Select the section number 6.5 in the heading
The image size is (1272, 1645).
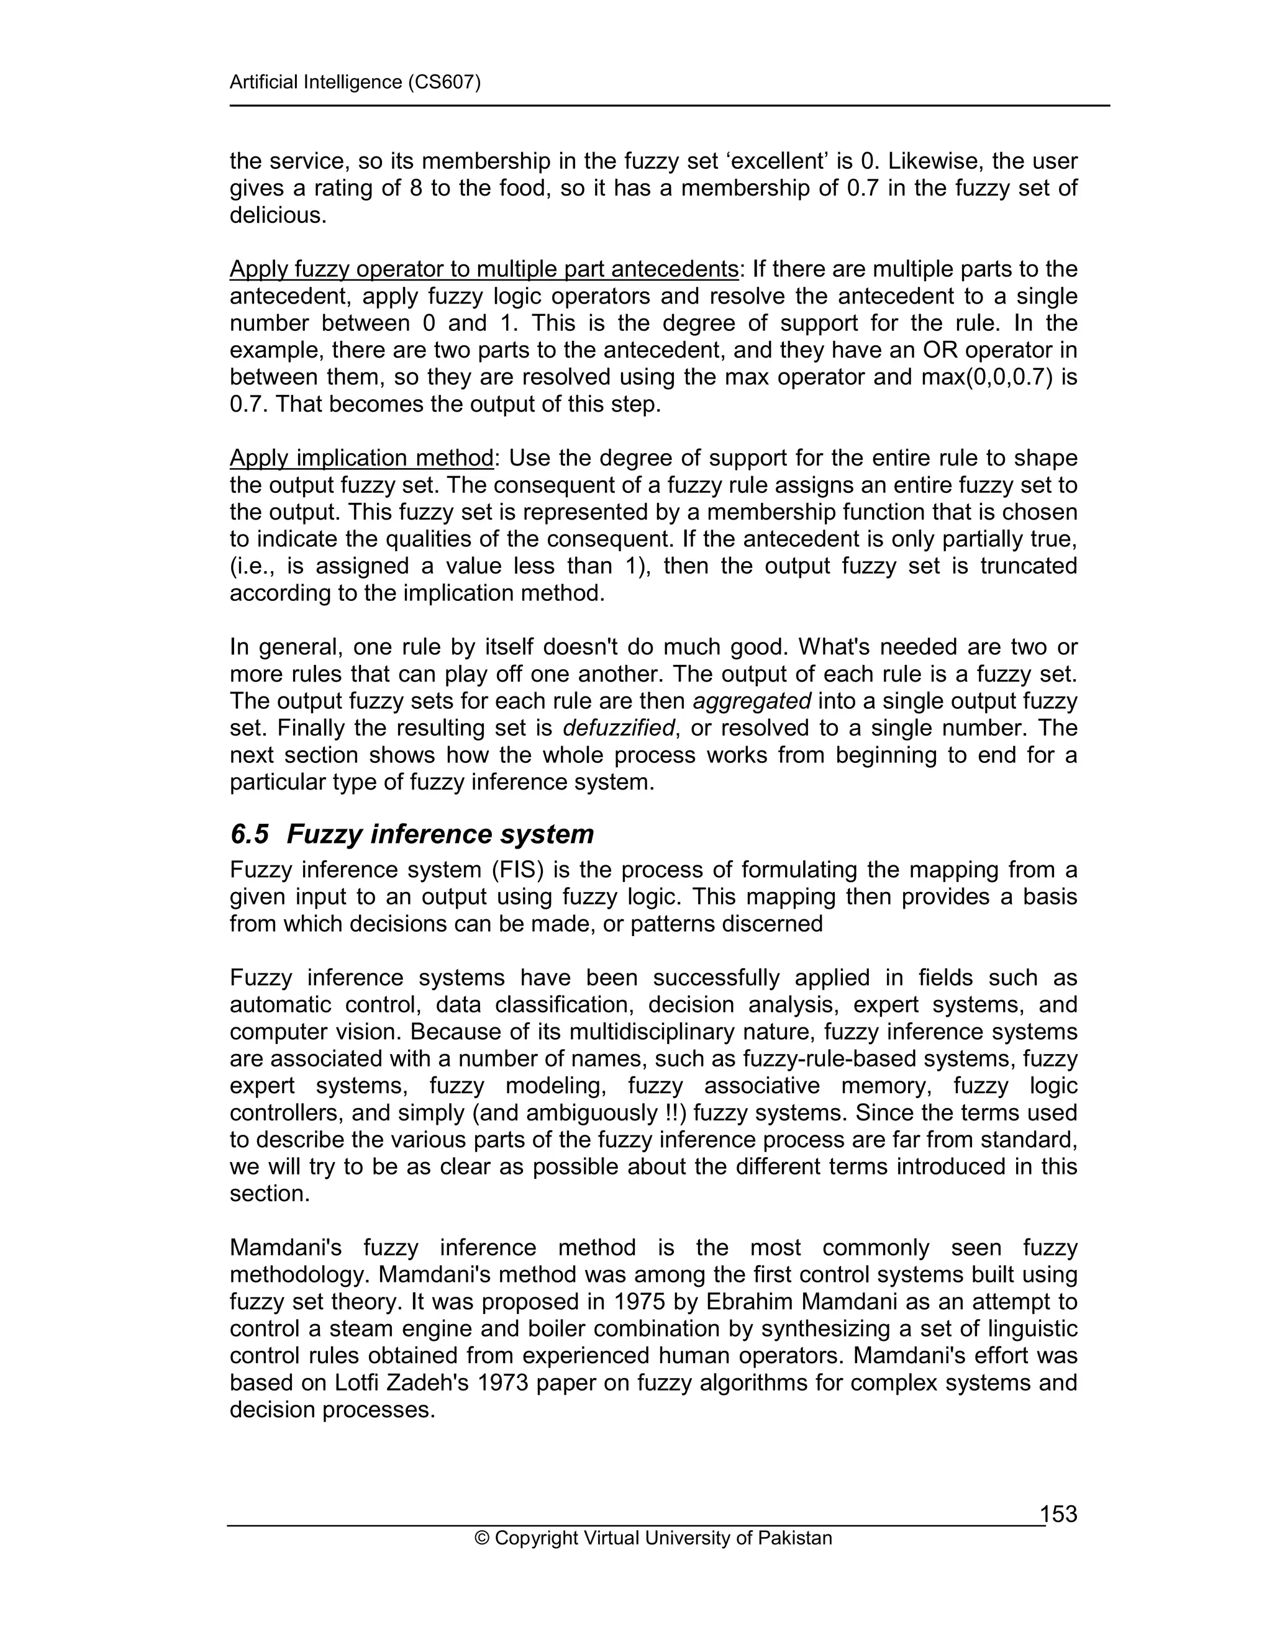click(250, 834)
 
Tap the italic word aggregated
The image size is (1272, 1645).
click(752, 701)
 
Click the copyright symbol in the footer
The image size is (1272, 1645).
click(482, 1538)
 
